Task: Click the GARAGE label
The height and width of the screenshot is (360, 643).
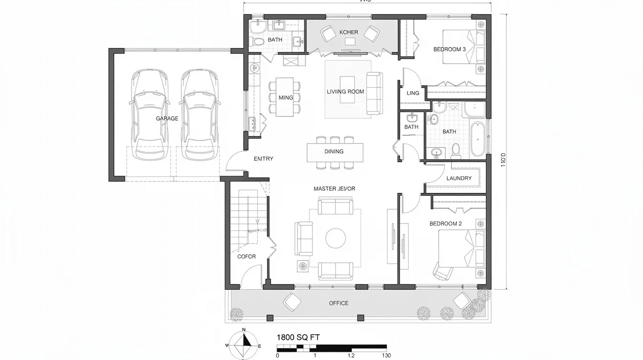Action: pyautogui.click(x=167, y=118)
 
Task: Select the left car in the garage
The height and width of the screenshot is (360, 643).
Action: pyautogui.click(x=151, y=115)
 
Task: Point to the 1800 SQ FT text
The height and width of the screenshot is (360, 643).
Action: pyautogui.click(x=298, y=337)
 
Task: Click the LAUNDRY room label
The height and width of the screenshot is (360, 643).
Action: pyautogui.click(x=459, y=178)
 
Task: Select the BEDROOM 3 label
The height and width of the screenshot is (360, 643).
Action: pyautogui.click(x=449, y=49)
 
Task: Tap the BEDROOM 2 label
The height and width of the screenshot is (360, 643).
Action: pyautogui.click(x=445, y=224)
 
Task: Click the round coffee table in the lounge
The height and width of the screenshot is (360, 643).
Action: pyautogui.click(x=336, y=238)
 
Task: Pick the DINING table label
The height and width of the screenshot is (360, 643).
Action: pyautogui.click(x=334, y=151)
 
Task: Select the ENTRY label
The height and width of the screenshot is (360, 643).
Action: pyautogui.click(x=263, y=158)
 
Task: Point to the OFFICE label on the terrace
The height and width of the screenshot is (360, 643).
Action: pyautogui.click(x=339, y=303)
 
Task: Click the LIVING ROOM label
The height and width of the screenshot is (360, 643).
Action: pyautogui.click(x=345, y=91)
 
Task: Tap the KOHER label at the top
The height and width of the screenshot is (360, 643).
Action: pyautogui.click(x=348, y=32)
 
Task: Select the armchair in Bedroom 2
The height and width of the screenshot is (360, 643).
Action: pyautogui.click(x=443, y=271)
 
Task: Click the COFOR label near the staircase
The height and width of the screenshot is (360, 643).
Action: pyautogui.click(x=246, y=257)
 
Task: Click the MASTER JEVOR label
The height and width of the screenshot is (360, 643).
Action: pyautogui.click(x=334, y=189)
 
